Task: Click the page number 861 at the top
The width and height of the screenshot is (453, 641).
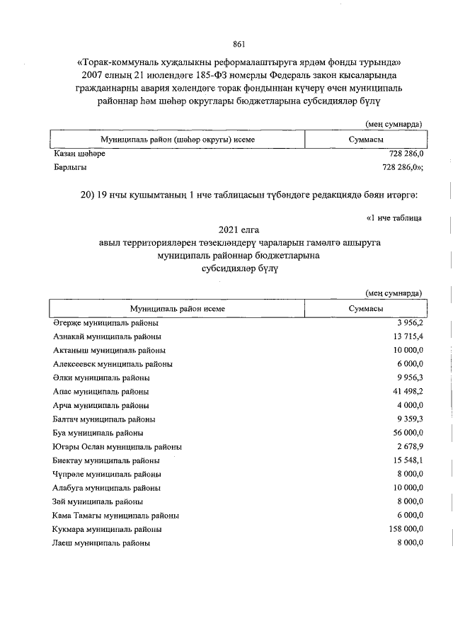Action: point(239,45)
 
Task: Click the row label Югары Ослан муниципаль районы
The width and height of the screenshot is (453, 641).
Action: point(117,447)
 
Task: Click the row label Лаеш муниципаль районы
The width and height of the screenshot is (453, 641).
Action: point(102,543)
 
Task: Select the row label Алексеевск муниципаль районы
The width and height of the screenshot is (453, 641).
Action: point(113,364)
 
